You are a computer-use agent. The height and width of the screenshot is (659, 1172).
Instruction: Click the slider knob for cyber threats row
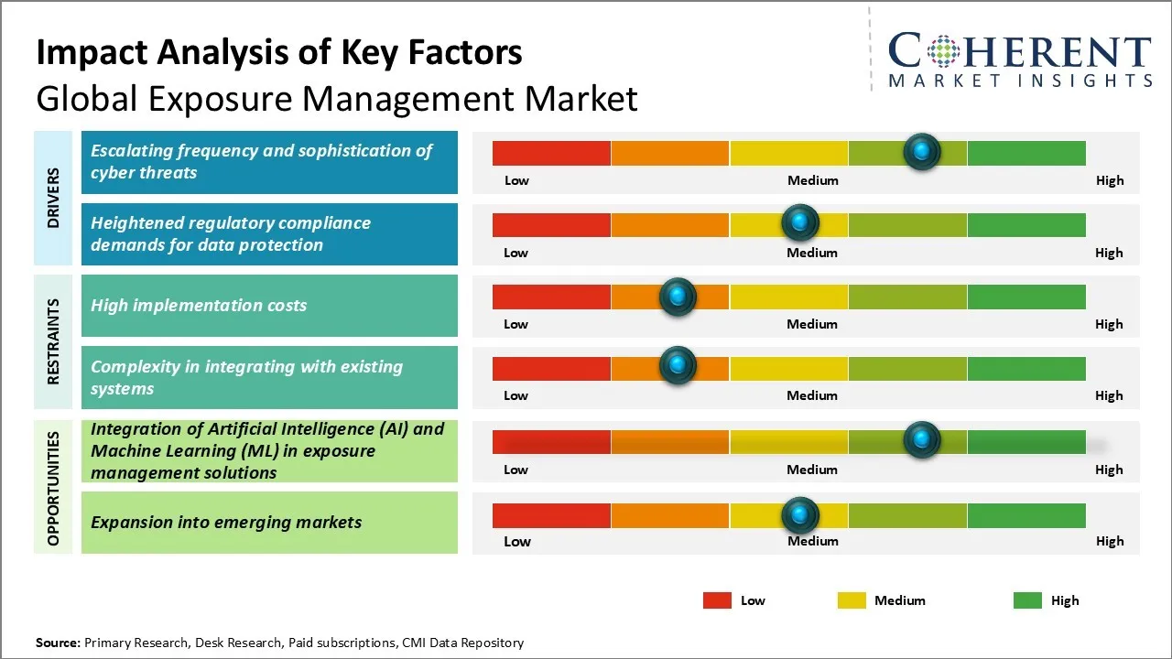point(921,151)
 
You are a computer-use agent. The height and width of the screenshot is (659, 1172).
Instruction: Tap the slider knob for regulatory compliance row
point(800,222)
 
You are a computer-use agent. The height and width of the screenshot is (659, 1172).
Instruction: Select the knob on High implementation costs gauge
point(678,296)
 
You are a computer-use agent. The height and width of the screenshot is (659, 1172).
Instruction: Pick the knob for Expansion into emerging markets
point(800,514)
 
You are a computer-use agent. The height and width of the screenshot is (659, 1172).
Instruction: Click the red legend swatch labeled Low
point(717,600)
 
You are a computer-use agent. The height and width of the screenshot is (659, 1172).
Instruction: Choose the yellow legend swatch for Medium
point(852,600)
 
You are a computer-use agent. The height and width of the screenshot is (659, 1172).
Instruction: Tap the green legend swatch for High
point(1027,600)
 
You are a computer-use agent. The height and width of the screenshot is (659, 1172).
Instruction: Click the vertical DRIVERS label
point(53,198)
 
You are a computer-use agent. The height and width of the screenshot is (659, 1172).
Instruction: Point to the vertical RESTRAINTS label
point(53,341)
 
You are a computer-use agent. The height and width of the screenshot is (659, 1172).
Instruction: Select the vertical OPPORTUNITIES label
point(53,488)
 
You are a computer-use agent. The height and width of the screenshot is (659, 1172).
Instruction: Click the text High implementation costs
point(199,306)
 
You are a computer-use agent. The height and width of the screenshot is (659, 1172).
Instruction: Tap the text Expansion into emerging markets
point(226,523)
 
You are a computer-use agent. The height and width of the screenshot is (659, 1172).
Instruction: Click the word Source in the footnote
point(58,643)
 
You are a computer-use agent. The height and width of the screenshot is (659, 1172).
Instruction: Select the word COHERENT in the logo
point(1020,51)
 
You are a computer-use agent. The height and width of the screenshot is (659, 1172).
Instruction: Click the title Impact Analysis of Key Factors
point(279,53)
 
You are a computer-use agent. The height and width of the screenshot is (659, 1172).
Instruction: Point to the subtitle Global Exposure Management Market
point(336,98)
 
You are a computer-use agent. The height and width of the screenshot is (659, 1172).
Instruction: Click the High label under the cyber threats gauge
point(1109,180)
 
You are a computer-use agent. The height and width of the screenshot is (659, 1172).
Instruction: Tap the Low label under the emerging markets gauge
point(516,541)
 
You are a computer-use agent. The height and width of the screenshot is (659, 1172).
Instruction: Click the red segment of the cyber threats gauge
point(551,153)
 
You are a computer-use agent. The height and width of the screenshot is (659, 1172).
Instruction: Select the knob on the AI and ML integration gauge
point(921,439)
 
